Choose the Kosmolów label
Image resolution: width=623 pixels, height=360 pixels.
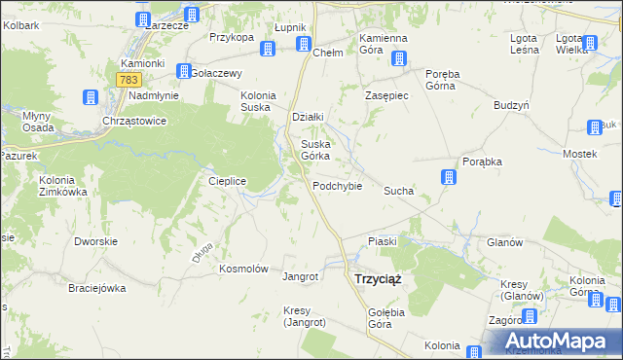click(x=243, y=269)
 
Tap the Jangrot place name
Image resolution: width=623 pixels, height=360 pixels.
click(x=300, y=276)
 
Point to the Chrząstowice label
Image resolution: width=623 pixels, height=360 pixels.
click(x=134, y=121)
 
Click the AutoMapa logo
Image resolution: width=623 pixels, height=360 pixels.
click(x=554, y=341)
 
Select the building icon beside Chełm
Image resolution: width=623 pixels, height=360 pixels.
click(x=303, y=45)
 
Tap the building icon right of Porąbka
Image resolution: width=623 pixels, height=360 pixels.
click(x=449, y=177)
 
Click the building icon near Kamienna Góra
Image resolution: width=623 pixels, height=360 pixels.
click(x=398, y=59)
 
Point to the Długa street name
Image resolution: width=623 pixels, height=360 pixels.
click(x=201, y=255)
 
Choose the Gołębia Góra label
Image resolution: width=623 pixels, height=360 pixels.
click(x=366, y=317)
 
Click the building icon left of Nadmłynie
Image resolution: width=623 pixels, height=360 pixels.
click(x=90, y=97)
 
